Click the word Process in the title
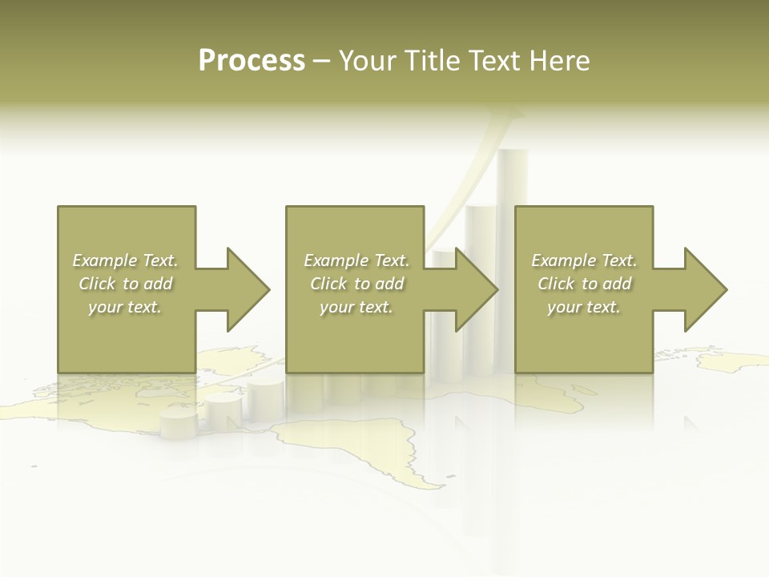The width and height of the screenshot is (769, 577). pos(252,61)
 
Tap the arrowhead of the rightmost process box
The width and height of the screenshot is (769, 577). pos(705,289)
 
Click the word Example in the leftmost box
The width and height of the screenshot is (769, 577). pos(105,260)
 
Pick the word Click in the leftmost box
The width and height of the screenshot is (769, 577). pos(97,284)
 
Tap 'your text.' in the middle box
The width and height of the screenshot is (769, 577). pos(356,307)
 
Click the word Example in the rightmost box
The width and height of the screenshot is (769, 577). pos(564,260)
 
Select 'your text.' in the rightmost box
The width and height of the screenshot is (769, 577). pos(584,307)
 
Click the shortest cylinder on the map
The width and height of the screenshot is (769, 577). pos(178,423)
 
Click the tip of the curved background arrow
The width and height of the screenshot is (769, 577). pos(513,112)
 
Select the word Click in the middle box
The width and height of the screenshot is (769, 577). pos(328,284)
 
